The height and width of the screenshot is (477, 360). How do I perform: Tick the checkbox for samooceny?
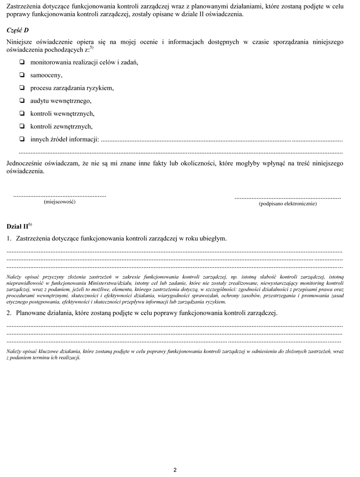[22, 75]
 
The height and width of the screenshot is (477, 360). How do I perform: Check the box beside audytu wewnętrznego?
[22, 101]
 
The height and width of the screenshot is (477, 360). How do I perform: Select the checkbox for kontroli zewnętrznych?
[22, 127]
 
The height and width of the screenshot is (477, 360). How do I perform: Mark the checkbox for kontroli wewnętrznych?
[22, 114]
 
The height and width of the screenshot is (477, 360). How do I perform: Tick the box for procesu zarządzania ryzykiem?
[22, 88]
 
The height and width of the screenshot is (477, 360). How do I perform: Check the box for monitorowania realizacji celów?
[22, 62]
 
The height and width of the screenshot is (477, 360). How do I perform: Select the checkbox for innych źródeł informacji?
[22, 139]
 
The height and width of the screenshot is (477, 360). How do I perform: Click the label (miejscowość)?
[59, 202]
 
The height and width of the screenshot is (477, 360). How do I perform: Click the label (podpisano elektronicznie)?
[288, 204]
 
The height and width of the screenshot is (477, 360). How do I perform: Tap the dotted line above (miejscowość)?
[60, 196]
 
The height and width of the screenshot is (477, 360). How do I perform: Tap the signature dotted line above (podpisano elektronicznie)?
[288, 198]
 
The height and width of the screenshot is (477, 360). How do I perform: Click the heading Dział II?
[17, 226]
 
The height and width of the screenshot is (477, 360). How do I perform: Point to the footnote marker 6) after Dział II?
[30, 224]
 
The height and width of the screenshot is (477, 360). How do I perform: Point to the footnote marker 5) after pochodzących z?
[91, 47]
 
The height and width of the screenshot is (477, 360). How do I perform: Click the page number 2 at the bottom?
[175, 470]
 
